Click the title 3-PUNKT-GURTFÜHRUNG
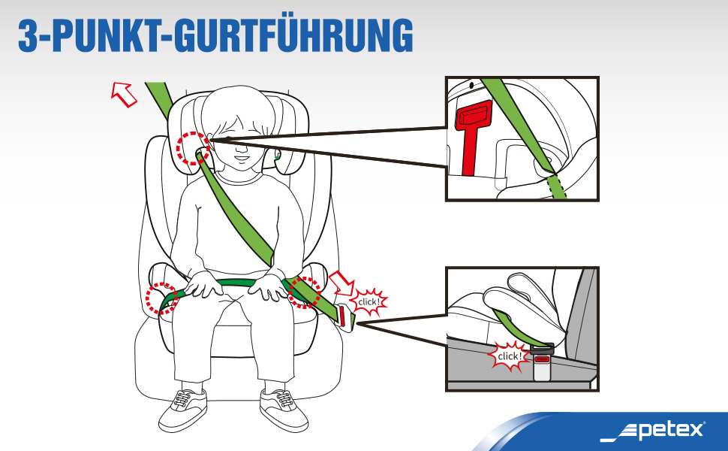click(x=215, y=35)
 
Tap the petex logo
click(x=653, y=431)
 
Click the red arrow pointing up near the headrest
click(x=124, y=95)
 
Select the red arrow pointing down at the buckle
click(x=341, y=283)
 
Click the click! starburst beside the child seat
click(x=369, y=302)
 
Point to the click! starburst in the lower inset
click(x=510, y=356)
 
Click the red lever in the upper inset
click(x=472, y=135)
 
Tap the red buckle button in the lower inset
click(x=542, y=359)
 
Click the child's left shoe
click(x=284, y=409)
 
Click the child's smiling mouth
click(x=242, y=158)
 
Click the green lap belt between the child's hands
click(x=236, y=282)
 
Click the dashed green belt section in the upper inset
click(x=557, y=187)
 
